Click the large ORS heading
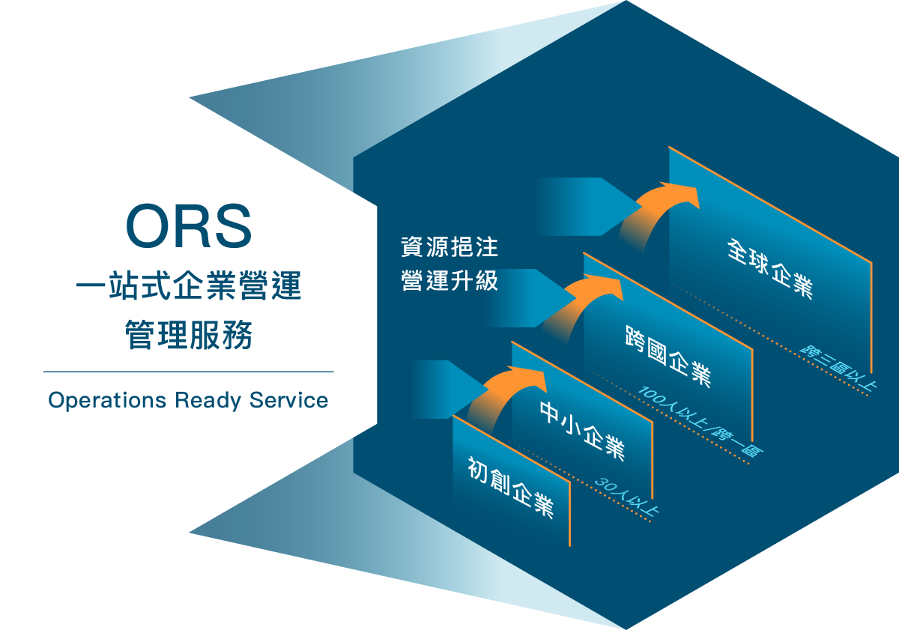pos(188,225)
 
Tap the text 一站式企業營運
pos(188,288)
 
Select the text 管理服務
pos(188,334)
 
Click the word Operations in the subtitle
pos(107,400)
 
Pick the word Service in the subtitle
pos(289,400)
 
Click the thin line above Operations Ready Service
pos(188,372)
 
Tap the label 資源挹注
pos(449,246)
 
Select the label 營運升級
pos(449,281)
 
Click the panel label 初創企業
pos(510,487)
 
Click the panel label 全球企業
pos(769,268)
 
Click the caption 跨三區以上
pos(837,366)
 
